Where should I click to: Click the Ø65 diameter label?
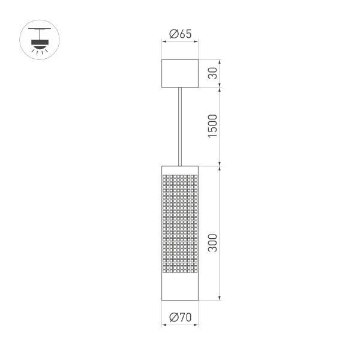(x=180, y=34)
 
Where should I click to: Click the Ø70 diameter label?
(x=180, y=317)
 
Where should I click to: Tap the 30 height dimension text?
(x=212, y=73)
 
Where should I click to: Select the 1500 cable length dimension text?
(x=212, y=126)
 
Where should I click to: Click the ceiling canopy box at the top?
(x=180, y=73)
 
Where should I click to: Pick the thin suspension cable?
(x=180, y=125)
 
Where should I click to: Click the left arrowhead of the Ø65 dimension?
(x=164, y=42)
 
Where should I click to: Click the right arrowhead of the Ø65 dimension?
(x=196, y=42)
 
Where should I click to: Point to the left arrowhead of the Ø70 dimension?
(x=164, y=325)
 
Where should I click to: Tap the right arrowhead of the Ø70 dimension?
(x=197, y=325)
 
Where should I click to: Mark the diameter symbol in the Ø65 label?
(x=173, y=34)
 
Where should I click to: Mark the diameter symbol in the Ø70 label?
(x=173, y=317)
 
